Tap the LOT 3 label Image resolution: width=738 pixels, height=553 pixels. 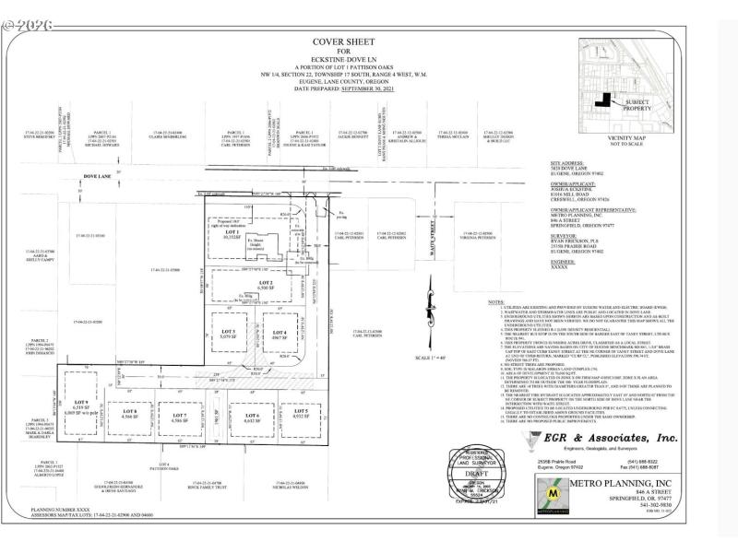tap(227, 330)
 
